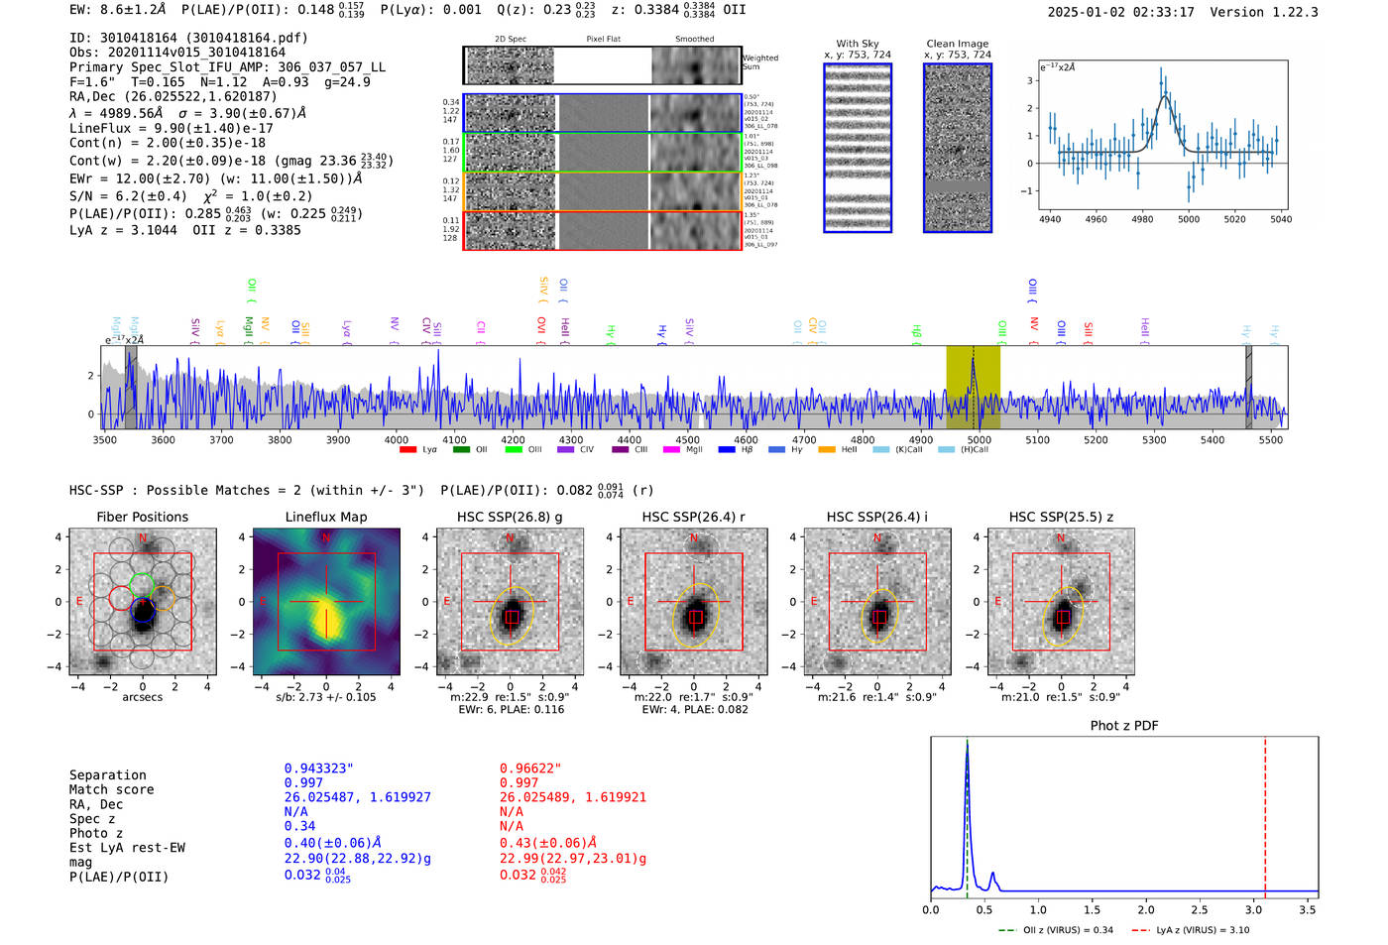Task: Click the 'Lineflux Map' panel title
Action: (x=325, y=517)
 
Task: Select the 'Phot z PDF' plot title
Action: (x=1123, y=725)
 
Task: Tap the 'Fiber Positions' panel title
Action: (x=142, y=517)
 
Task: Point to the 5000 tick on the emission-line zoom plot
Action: (x=1188, y=219)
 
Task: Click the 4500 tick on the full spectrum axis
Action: (x=687, y=439)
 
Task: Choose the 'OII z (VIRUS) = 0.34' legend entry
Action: (x=1056, y=930)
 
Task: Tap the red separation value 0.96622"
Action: (x=529, y=768)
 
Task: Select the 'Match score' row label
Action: (x=111, y=789)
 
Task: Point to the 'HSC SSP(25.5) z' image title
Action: (x=1061, y=517)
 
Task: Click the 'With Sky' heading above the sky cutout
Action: (x=857, y=44)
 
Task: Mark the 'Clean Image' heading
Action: (x=957, y=44)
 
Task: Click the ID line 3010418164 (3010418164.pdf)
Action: (x=188, y=38)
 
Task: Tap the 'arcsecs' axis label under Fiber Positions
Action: (x=142, y=697)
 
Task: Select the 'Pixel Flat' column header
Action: (x=603, y=39)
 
